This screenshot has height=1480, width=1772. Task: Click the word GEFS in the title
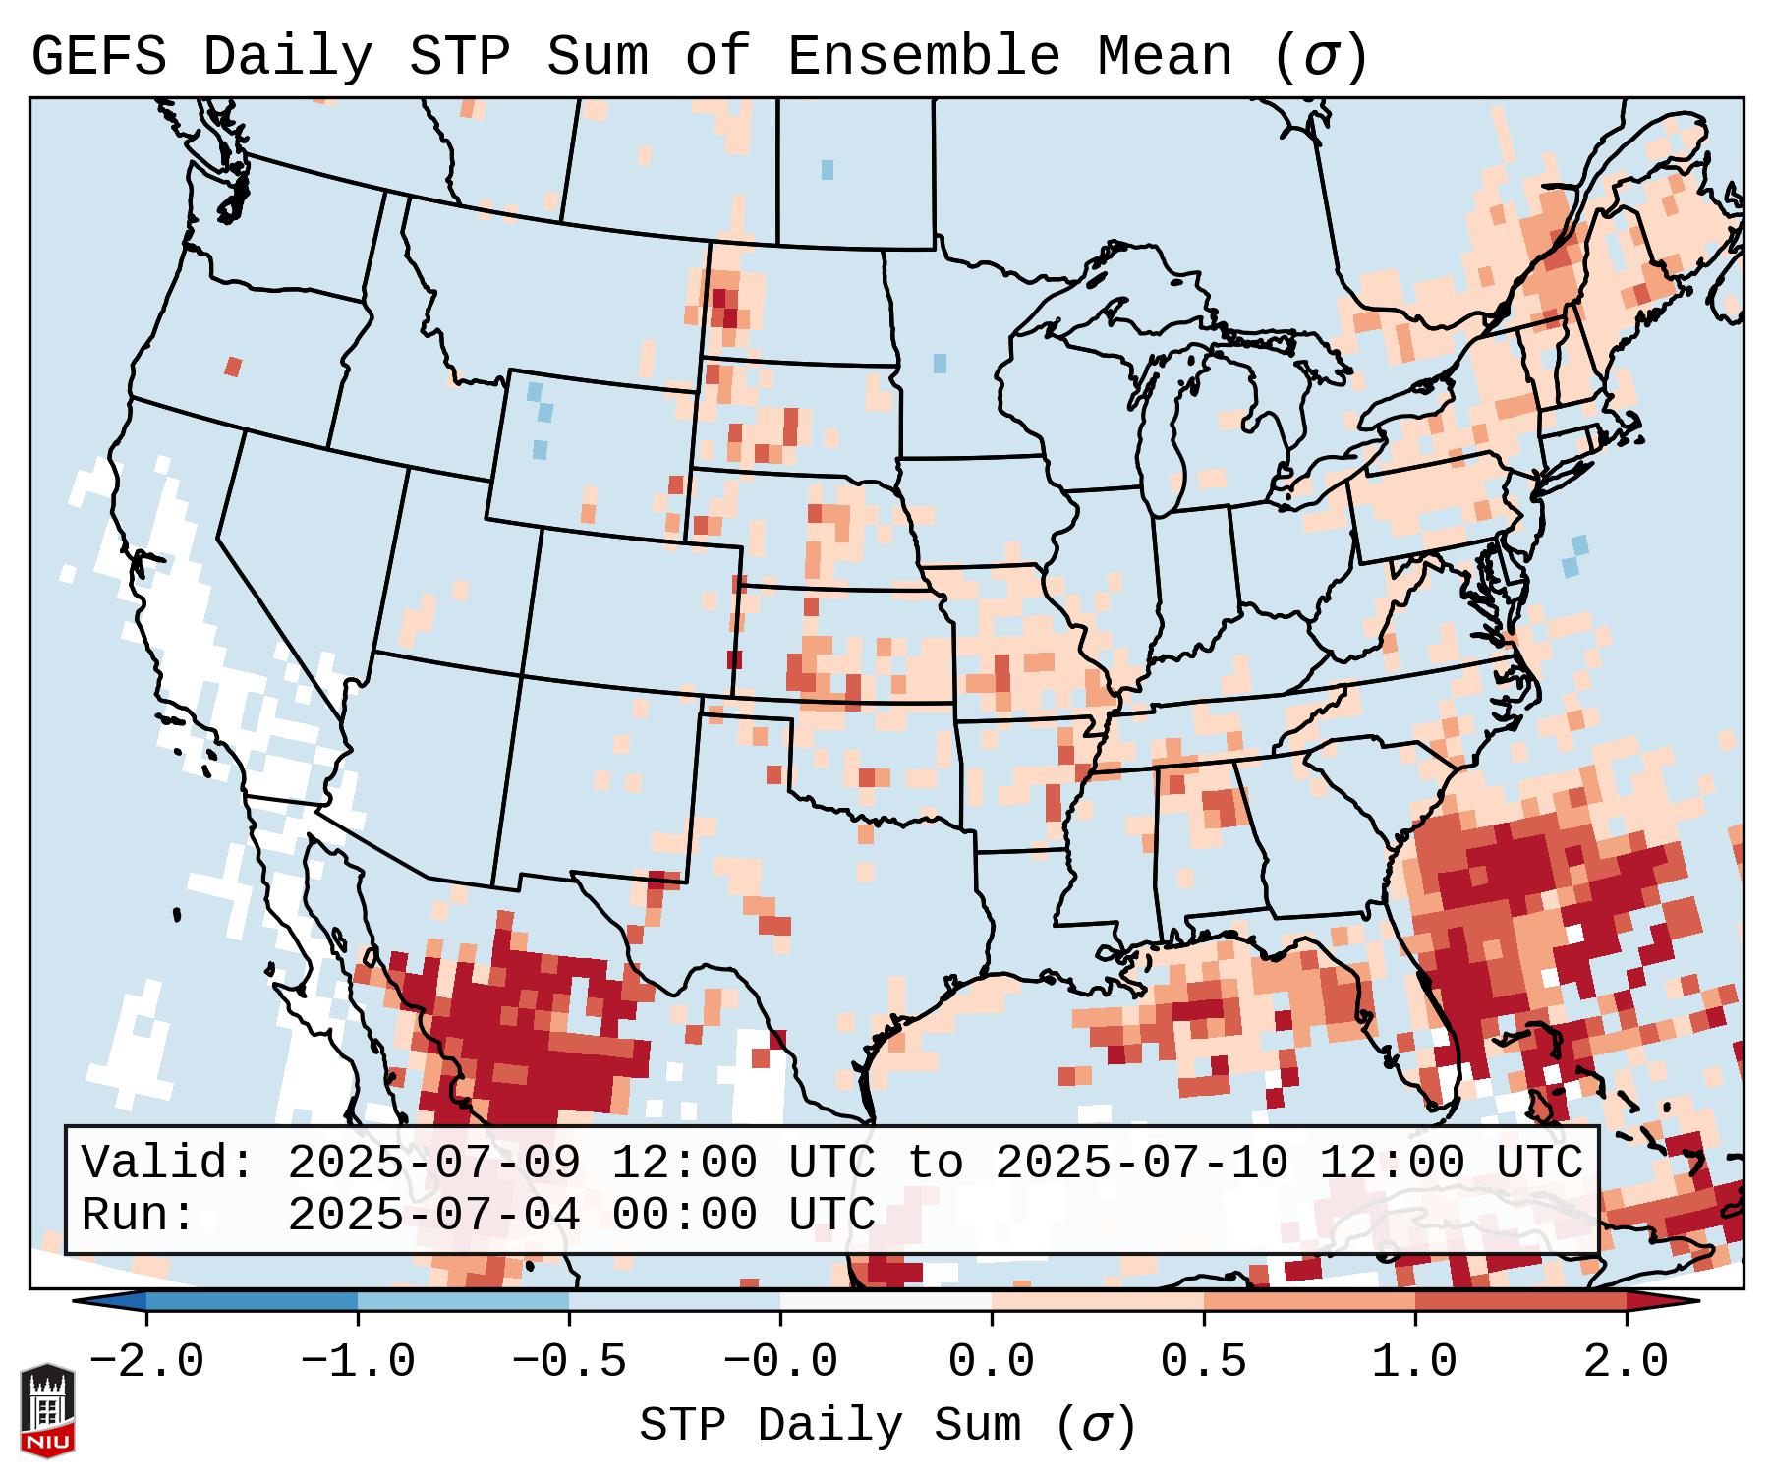pos(99,56)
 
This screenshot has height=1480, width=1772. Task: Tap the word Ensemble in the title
pos(924,56)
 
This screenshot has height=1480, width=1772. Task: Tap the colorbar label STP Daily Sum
pos(829,1426)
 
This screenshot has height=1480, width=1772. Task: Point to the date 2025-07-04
pos(433,1215)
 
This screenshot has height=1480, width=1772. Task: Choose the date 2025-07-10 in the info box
pos(1141,1164)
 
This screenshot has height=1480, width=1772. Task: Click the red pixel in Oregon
pos(233,367)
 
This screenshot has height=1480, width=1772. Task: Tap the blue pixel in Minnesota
pos(940,363)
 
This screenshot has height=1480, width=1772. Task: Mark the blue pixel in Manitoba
pos(828,169)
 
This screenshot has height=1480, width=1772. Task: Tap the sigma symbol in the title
pos(1319,58)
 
